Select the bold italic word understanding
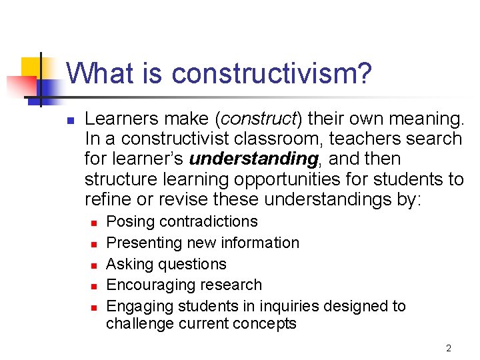pyautogui.click(x=253, y=159)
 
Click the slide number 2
pyautogui.click(x=449, y=348)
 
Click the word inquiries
pyautogui.click(x=273, y=306)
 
